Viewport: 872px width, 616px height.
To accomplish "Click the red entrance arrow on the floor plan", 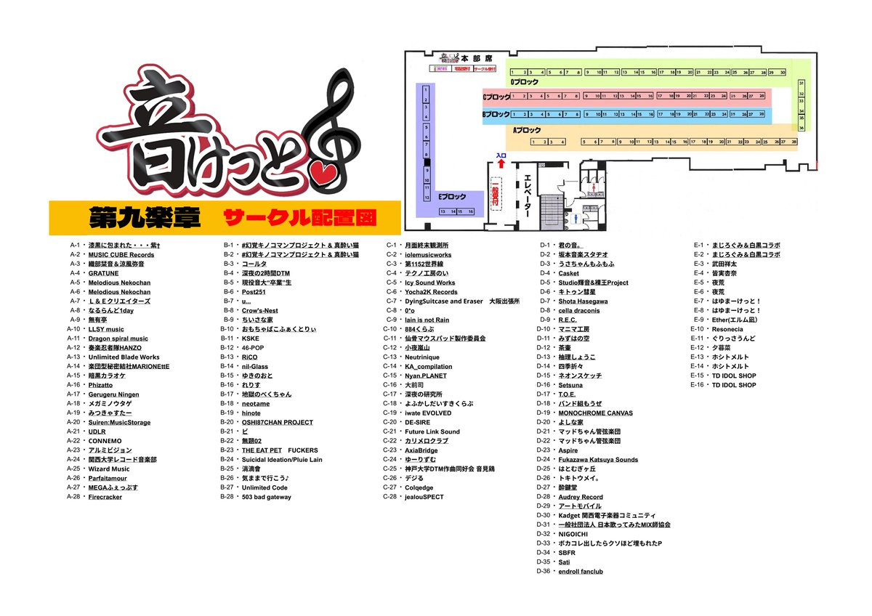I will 501,163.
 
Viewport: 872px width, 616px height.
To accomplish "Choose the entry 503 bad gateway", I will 267,497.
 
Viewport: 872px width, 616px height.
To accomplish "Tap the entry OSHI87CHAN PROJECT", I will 278,422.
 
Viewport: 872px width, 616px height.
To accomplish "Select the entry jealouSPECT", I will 424,497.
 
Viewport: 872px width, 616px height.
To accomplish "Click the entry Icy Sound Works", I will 430,283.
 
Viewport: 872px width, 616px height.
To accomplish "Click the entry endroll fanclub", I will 581,571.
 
